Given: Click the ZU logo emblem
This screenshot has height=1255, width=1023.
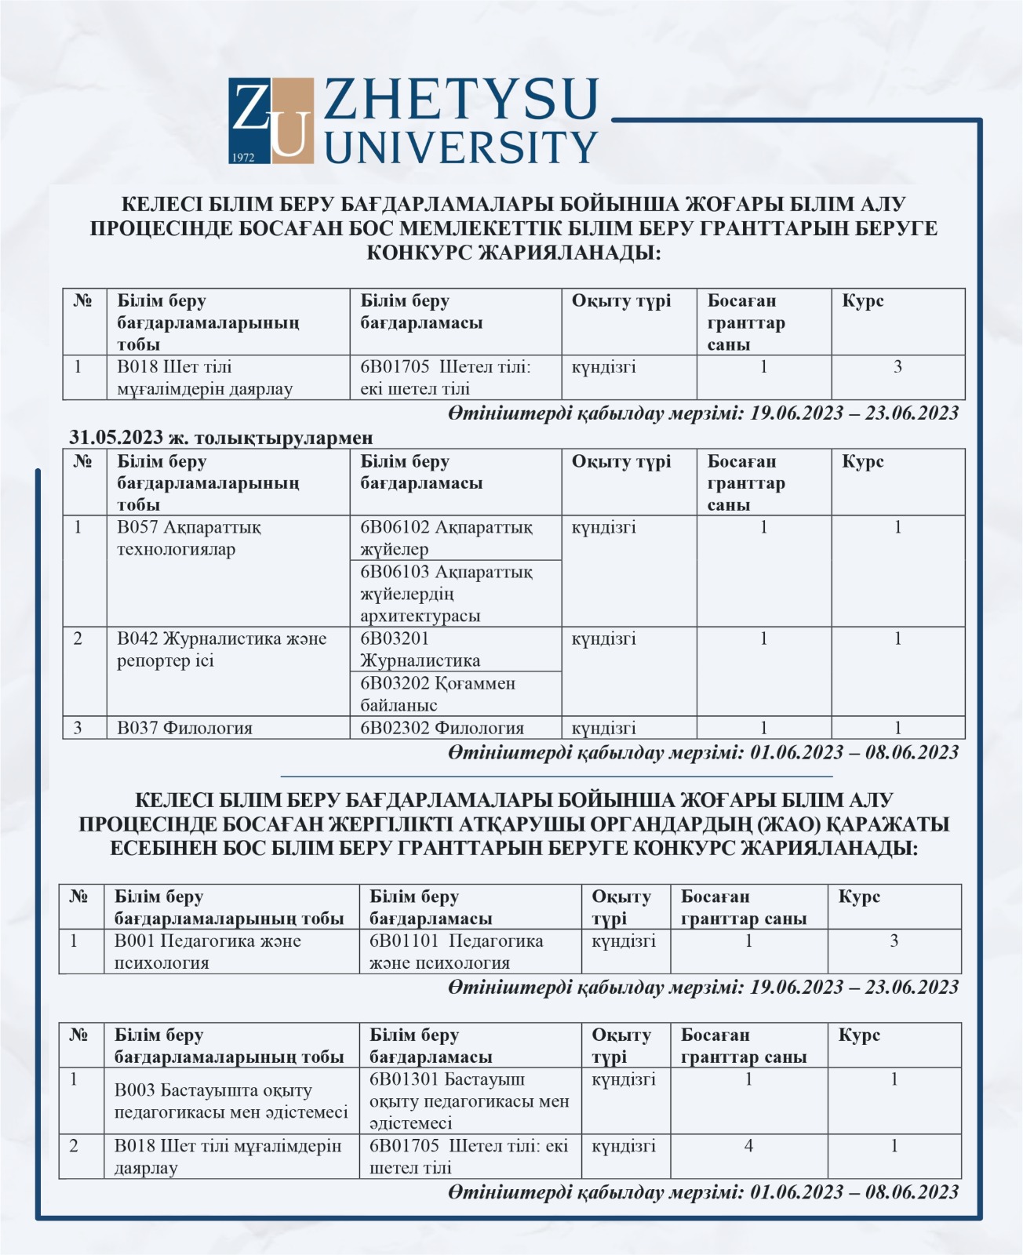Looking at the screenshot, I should [271, 120].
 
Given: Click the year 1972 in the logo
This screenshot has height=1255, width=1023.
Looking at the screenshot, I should [243, 157].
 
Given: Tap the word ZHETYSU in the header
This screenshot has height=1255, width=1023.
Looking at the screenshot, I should [461, 99].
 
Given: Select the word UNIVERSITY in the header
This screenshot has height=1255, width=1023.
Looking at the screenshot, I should [461, 147].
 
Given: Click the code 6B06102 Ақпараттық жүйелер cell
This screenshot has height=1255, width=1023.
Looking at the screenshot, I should [446, 538].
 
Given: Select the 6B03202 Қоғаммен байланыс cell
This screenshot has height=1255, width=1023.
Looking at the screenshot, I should [438, 693].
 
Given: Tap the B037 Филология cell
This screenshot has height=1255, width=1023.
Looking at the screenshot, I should [185, 728].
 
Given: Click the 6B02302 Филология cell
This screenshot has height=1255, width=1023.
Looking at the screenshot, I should [442, 728].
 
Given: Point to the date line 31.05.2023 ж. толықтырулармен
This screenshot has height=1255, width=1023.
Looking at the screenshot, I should [221, 437].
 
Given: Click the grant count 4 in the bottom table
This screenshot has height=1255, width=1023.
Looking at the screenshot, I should [748, 1146].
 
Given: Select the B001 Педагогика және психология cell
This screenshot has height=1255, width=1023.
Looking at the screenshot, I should [207, 951].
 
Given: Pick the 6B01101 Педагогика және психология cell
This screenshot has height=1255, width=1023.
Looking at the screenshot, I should [456, 951].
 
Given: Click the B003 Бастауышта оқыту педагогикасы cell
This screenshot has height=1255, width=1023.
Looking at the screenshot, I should [231, 1100].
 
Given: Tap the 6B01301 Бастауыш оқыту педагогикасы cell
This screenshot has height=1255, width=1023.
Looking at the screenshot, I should [468, 1100].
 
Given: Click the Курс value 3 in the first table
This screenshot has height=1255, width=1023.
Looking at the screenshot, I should [897, 366].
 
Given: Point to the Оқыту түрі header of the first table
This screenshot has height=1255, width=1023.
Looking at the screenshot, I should [621, 301].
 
